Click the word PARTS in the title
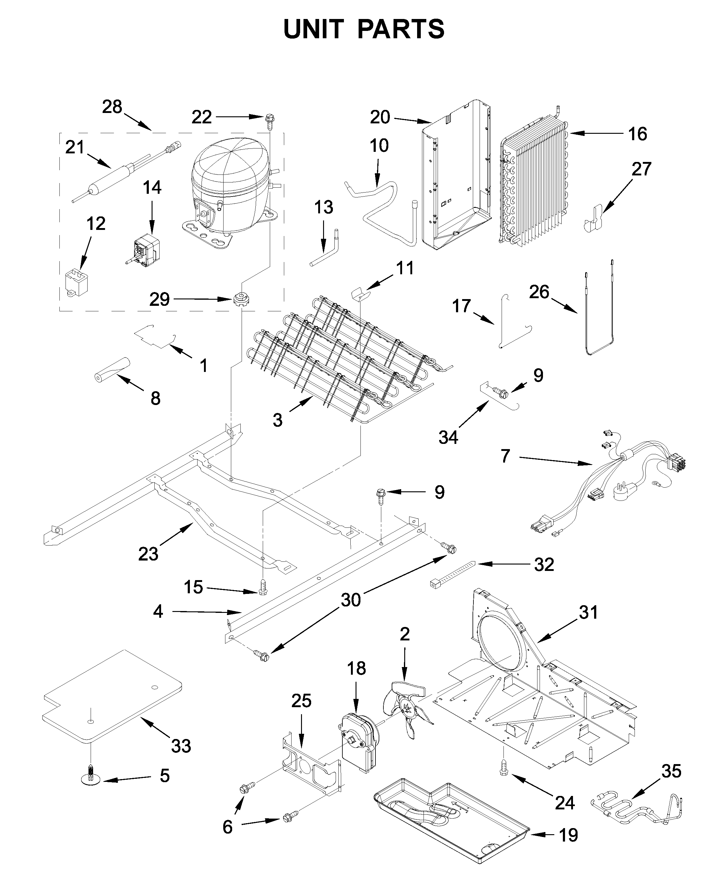(401, 30)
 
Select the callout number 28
(112, 107)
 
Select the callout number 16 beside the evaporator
(637, 134)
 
